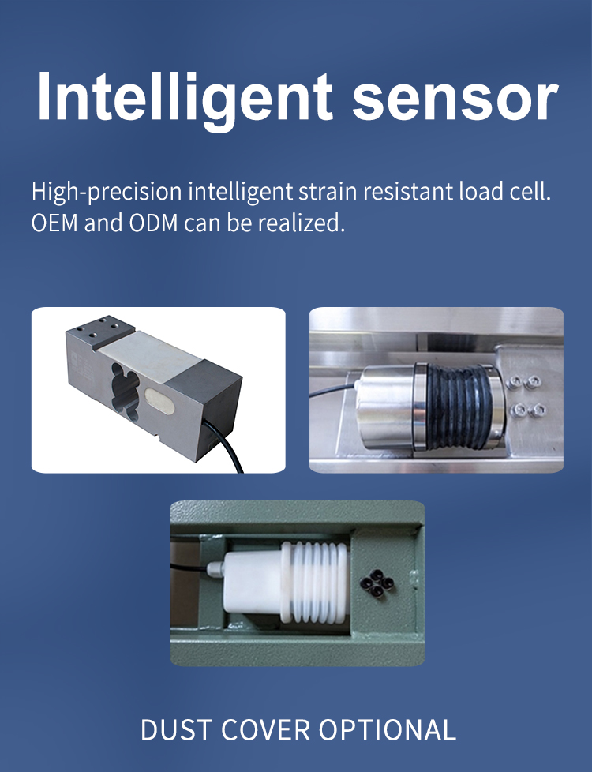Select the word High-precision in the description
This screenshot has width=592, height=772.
pos(107,192)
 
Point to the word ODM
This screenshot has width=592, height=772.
pos(153,223)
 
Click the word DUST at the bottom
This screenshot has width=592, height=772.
pos(176,729)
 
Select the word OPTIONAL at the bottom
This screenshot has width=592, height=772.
pos(387,729)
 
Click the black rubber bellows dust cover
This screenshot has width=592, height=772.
pos(459,407)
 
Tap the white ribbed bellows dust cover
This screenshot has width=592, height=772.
pos(315,583)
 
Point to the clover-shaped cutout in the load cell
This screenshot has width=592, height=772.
pos(124,388)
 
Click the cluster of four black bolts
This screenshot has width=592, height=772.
pos(377,583)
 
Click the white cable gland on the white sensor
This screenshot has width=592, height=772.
pos(215,569)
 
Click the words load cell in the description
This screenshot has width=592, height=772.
pos(505,191)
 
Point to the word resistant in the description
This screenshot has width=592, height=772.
pos(408,192)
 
